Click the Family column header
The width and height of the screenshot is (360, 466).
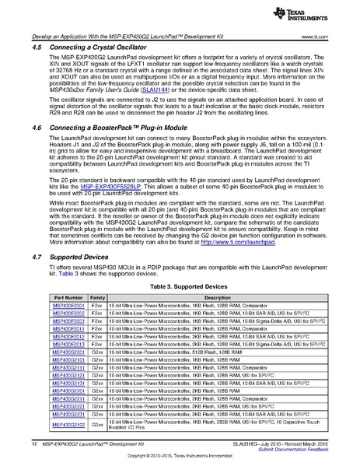pos(97,319)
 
